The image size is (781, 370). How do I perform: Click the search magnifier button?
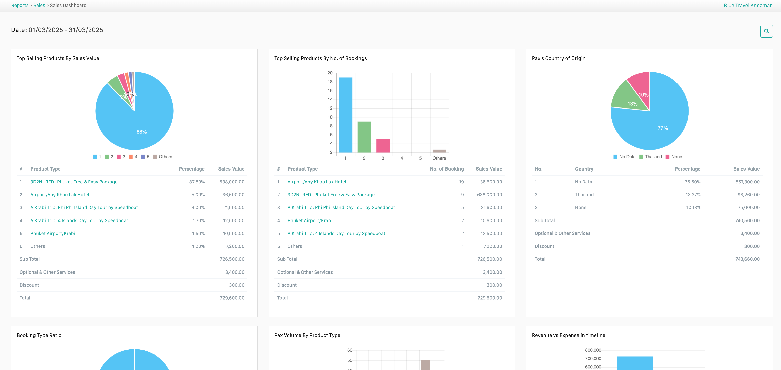[x=766, y=31]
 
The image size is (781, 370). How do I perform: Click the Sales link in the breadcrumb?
[x=39, y=6]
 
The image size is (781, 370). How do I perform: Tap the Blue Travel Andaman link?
[x=748, y=6]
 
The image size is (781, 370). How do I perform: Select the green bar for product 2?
[x=364, y=137]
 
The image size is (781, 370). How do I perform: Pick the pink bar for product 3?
[x=383, y=146]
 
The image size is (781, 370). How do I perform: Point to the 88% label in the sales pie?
[x=142, y=132]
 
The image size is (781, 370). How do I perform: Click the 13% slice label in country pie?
[x=632, y=104]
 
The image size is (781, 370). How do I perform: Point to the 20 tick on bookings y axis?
[x=330, y=73]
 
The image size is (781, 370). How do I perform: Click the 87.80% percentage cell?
[x=197, y=182]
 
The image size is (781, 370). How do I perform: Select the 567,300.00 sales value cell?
[x=747, y=182]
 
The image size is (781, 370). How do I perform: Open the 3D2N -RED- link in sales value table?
[x=74, y=182]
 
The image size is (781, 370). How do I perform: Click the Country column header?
[x=584, y=169]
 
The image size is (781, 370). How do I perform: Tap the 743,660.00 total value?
[x=747, y=259]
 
